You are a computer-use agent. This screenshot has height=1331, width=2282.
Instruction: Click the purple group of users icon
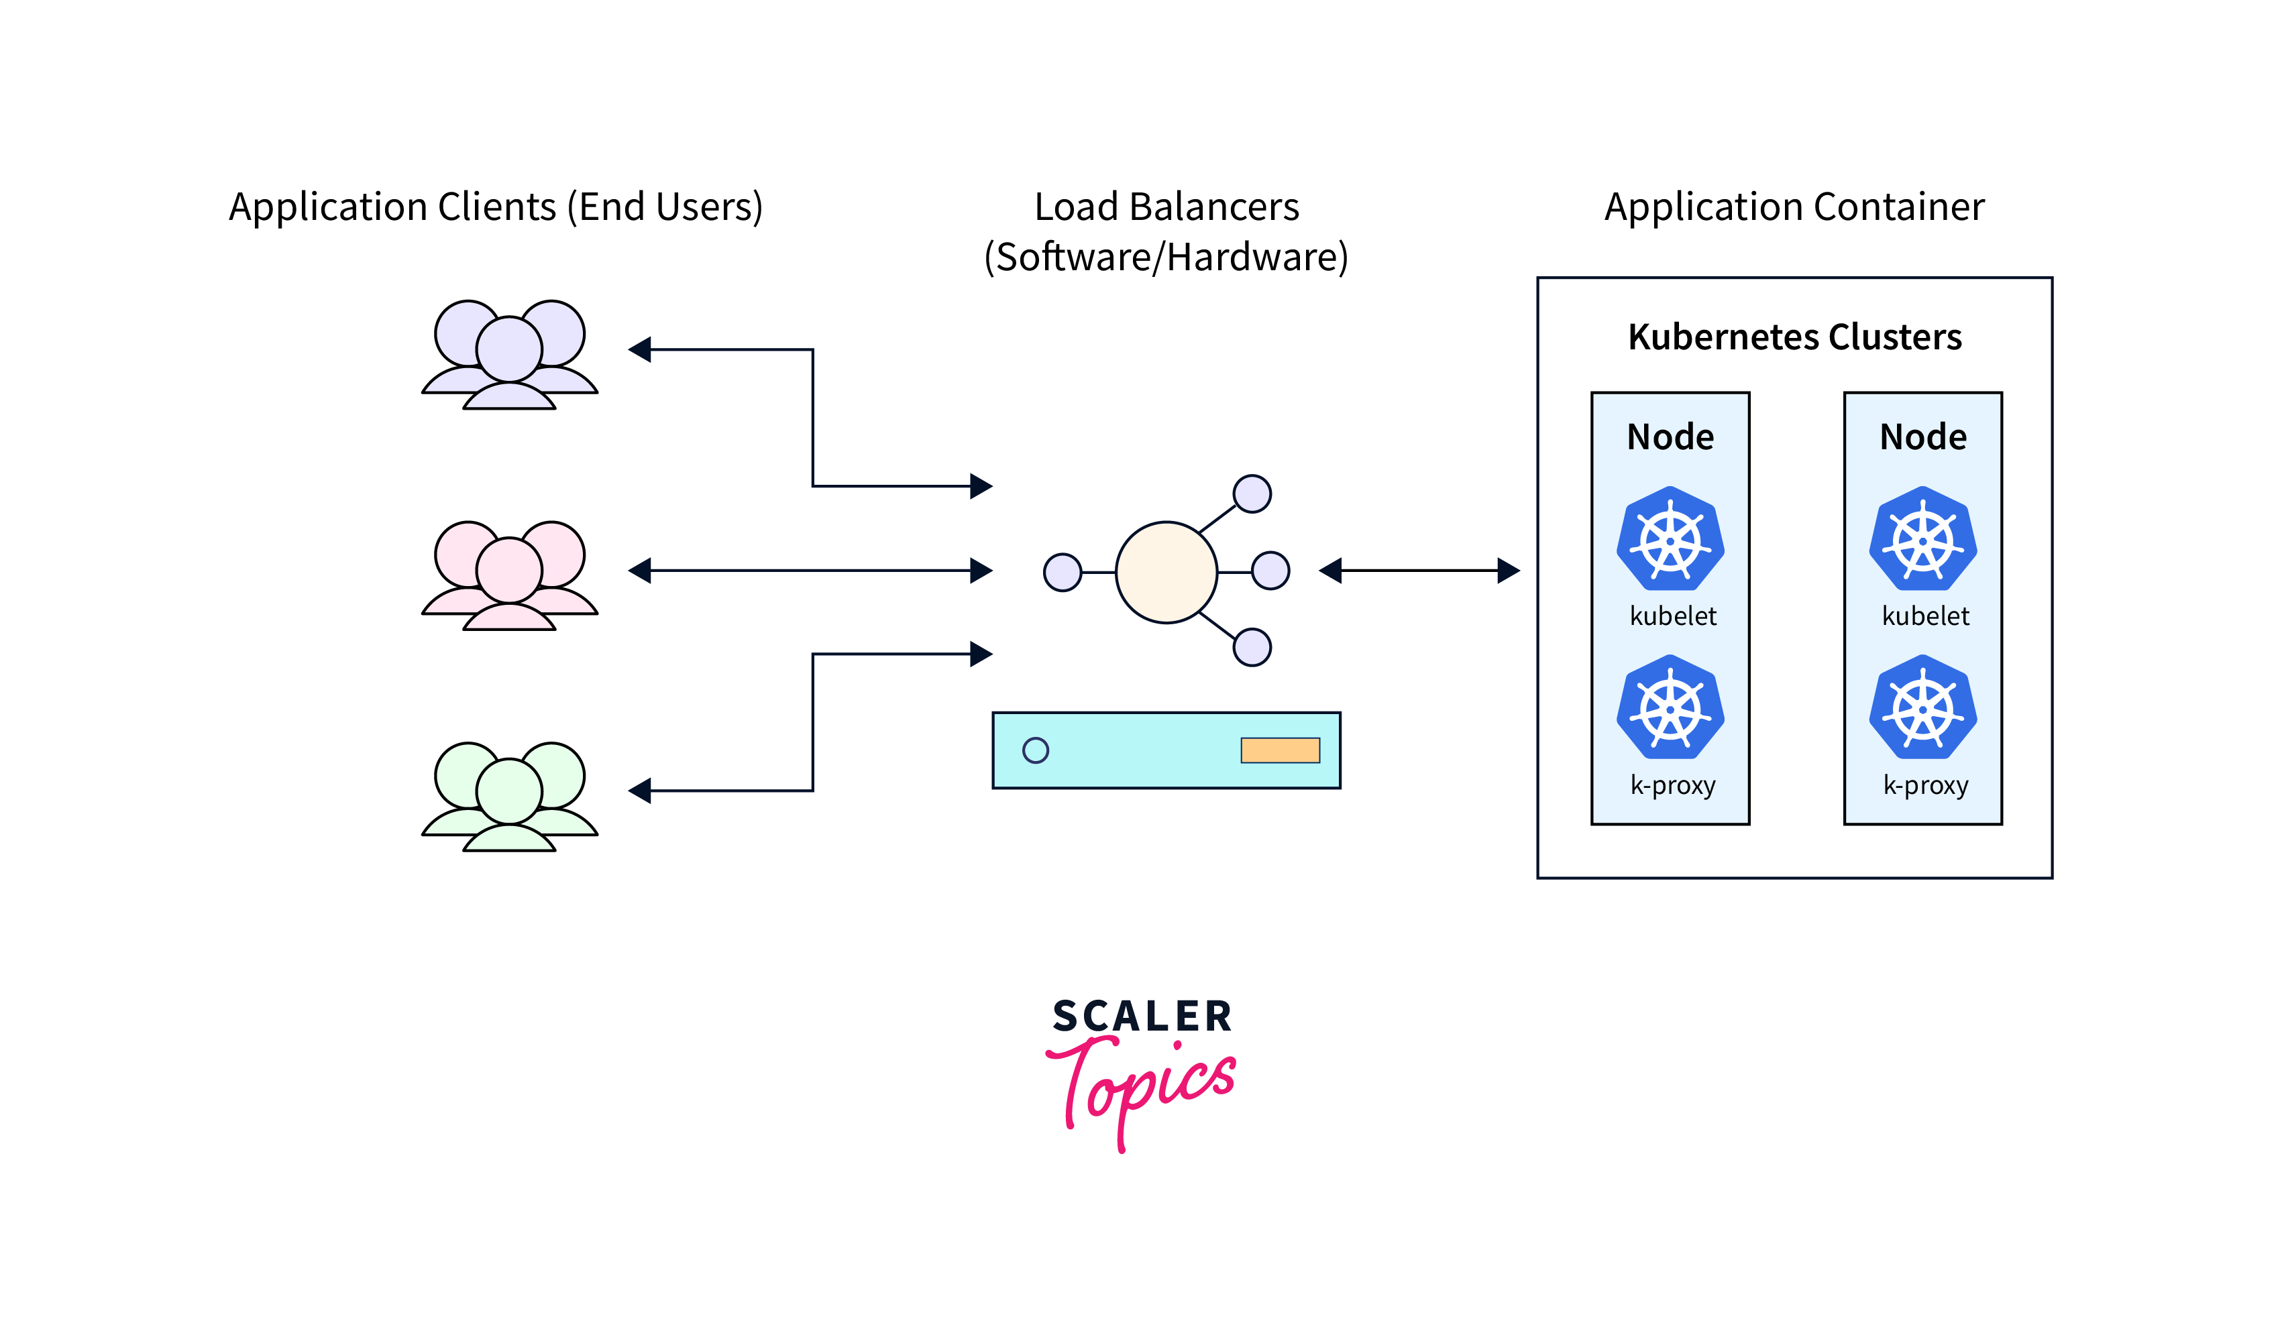tap(510, 355)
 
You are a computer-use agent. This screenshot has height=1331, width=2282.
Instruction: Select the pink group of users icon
tap(510, 576)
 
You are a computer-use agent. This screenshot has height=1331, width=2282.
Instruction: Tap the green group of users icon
tap(510, 797)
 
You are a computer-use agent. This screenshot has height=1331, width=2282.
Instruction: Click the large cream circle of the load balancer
tap(1166, 572)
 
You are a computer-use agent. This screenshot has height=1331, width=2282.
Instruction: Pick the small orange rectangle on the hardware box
tap(1280, 750)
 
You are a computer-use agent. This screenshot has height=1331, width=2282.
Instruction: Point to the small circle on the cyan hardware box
tap(1035, 750)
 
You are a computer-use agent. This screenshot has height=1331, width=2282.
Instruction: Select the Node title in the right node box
tap(1922, 437)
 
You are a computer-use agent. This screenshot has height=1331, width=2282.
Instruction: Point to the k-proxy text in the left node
tap(1672, 785)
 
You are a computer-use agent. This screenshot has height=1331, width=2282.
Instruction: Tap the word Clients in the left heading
tap(496, 207)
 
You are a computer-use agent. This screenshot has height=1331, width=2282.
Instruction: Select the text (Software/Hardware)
tap(1166, 257)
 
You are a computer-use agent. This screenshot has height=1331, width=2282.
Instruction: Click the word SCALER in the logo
tap(1142, 1016)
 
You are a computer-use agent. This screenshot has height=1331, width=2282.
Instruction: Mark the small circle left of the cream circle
tap(1063, 572)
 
